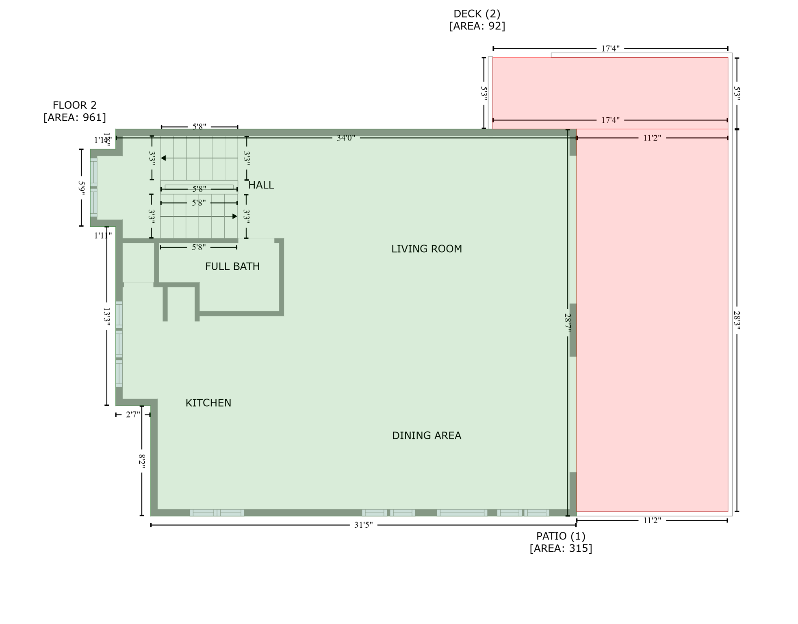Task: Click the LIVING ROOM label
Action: coord(426,249)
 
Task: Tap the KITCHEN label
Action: coord(208,403)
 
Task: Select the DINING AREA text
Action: coord(426,436)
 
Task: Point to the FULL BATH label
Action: coord(232,266)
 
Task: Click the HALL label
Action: coord(261,185)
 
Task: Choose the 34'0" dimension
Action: coord(346,138)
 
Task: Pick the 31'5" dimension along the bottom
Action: coord(363,525)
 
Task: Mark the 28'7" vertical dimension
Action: coord(568,324)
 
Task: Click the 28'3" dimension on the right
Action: coord(737,321)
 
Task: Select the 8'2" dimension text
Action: coord(142,461)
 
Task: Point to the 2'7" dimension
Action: coord(133,415)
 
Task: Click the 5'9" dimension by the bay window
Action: coord(81,188)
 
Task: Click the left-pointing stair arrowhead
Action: coord(163,158)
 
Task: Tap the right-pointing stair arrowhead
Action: coord(234,217)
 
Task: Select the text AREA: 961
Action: coord(75,118)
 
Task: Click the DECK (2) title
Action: coord(477,14)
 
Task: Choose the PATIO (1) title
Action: coord(561,536)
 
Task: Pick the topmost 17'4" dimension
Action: coord(610,49)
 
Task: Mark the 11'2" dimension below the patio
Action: coord(652,520)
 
